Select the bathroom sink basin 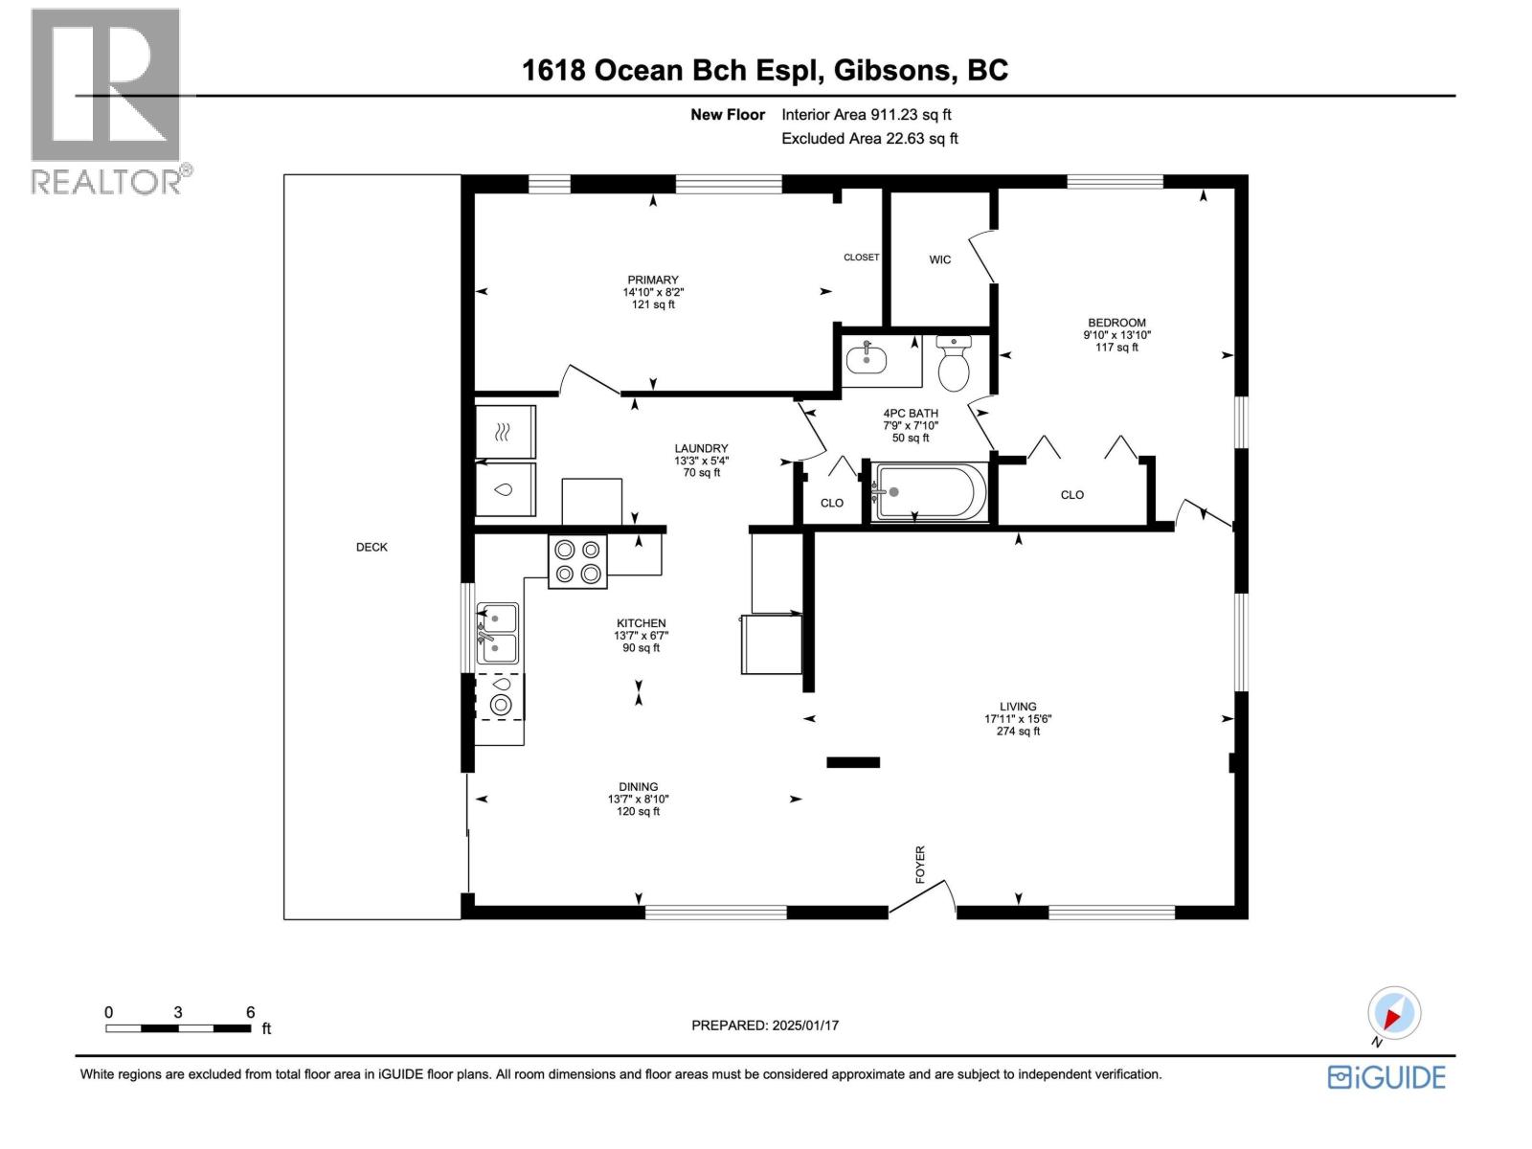(x=867, y=360)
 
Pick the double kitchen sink (x=498, y=634)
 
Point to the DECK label (x=372, y=548)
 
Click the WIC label (x=940, y=259)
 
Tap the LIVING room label (x=1018, y=707)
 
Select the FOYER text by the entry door (x=920, y=864)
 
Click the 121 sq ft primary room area (x=653, y=304)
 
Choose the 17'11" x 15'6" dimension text (x=1018, y=719)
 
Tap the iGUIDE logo (x=1386, y=1077)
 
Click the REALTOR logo (x=107, y=101)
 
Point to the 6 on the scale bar (x=250, y=1012)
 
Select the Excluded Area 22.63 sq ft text (x=869, y=139)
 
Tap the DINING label (x=638, y=787)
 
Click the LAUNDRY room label (x=701, y=448)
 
